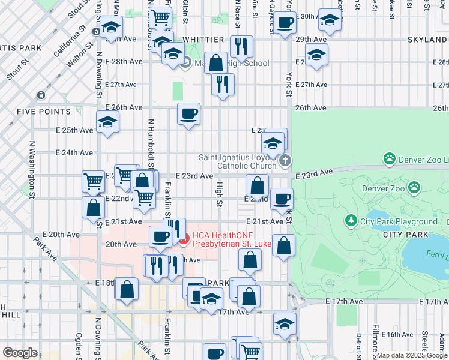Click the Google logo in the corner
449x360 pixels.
[x=20, y=353]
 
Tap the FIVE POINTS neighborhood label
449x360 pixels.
[x=44, y=112]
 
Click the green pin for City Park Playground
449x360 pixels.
[x=351, y=221]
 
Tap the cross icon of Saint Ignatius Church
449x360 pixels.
[x=285, y=160]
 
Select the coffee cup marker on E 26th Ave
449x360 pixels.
[x=189, y=113]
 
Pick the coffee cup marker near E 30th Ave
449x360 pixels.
[x=285, y=22]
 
